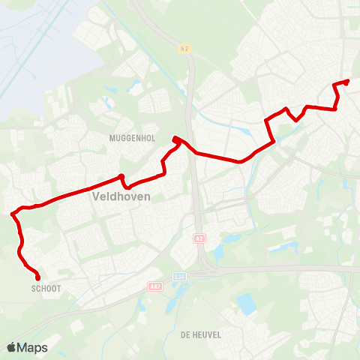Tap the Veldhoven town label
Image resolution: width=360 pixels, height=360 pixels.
121,196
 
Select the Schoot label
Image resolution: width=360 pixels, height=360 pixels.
46,288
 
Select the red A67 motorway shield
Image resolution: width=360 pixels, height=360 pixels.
154,286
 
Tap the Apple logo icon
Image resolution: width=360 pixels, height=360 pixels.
11,347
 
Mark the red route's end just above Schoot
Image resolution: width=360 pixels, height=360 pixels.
37,279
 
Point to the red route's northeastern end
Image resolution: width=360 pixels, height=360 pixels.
348,81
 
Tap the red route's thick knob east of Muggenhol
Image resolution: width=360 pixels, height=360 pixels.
175,139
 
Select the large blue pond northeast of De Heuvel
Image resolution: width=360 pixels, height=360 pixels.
245,304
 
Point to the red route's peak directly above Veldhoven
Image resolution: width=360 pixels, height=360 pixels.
121,176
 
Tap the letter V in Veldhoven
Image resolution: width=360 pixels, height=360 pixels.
94,196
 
